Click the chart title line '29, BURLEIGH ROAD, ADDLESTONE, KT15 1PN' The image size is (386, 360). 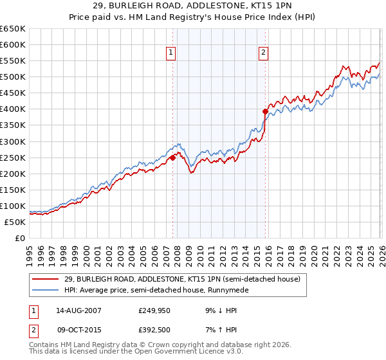[193, 6]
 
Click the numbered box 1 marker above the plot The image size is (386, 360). [172, 53]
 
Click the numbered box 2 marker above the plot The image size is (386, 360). [264, 53]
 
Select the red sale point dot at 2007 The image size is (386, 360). [172, 157]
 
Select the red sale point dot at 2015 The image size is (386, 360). [264, 111]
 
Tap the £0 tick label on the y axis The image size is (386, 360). [19, 238]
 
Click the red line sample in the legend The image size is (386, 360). [46, 279]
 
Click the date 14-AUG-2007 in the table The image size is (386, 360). [78, 310]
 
